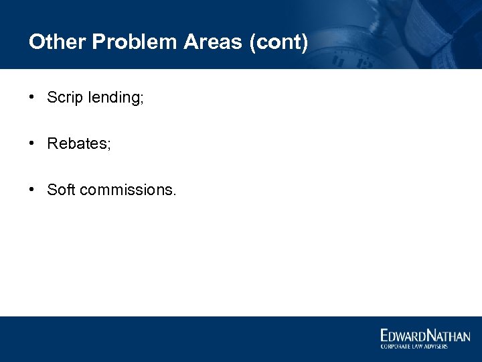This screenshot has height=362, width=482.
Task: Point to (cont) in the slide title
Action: tap(278, 43)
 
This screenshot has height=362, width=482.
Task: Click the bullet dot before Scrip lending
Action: tap(32, 97)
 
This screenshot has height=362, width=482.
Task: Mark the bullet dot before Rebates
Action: tap(32, 143)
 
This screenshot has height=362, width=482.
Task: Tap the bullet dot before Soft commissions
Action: tap(32, 190)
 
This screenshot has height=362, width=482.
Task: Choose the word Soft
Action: tap(61, 190)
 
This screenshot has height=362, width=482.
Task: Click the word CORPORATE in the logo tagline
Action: tap(395, 346)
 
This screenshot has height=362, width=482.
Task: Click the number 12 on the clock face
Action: tap(365, 63)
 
